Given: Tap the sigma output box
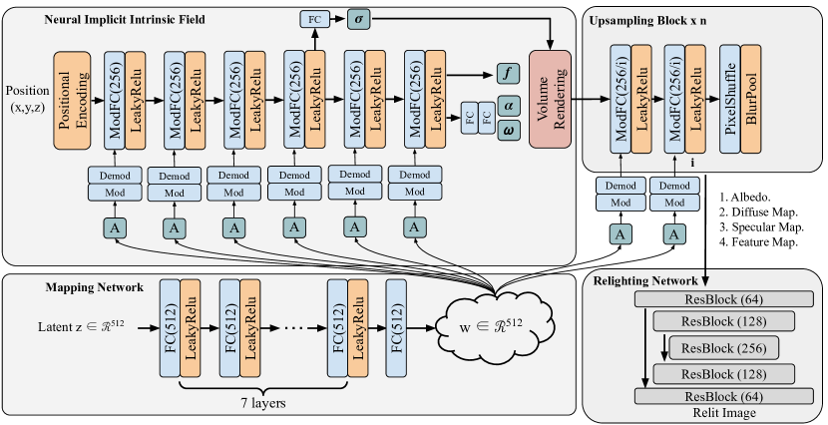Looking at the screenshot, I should coord(357,19).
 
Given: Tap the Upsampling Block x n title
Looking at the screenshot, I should coord(650,20).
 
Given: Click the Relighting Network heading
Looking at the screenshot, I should coord(647,281).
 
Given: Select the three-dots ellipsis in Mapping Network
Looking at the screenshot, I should coord(297,327).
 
